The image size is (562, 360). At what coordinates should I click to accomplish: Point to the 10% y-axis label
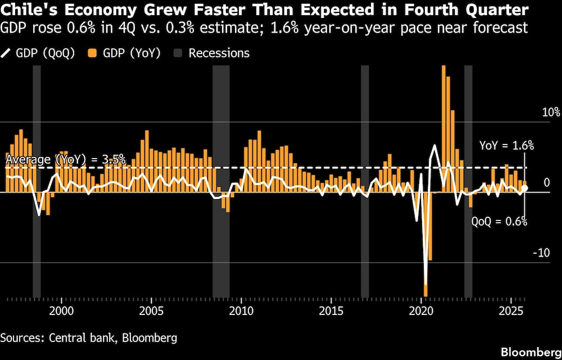(551, 112)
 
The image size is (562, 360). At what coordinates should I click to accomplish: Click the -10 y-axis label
(541, 253)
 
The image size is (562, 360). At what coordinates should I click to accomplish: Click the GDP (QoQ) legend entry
(38, 53)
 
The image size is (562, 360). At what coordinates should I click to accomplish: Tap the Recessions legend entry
(212, 53)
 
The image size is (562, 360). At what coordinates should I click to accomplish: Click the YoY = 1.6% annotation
(506, 145)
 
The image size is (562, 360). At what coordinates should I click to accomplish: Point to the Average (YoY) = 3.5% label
(65, 159)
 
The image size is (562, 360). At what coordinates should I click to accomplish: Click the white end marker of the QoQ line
(524, 188)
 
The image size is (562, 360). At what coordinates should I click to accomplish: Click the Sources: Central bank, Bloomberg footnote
(89, 337)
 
